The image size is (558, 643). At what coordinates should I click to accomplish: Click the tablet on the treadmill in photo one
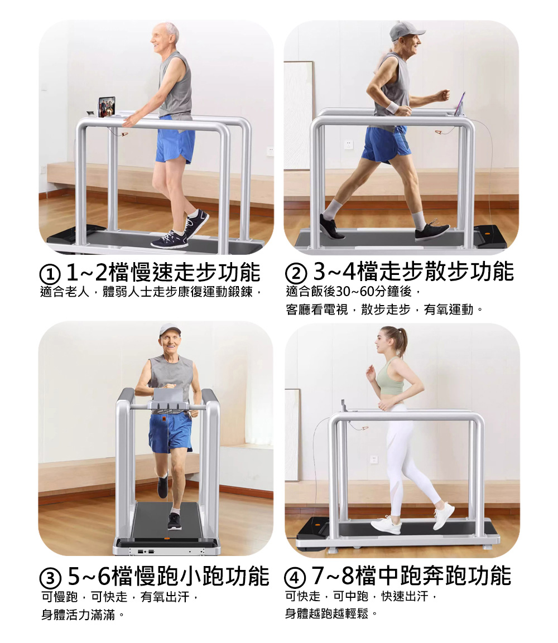pos(107,107)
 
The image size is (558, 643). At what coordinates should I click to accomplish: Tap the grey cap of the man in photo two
pos(405,31)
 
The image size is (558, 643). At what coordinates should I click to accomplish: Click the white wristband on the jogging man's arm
pos(393,107)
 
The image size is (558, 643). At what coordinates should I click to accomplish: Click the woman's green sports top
pos(389,381)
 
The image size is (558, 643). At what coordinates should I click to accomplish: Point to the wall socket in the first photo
pos(270,151)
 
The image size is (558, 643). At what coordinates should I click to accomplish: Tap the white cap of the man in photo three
pos(170,329)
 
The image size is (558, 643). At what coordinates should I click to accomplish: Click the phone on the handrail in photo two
pos(460,104)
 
